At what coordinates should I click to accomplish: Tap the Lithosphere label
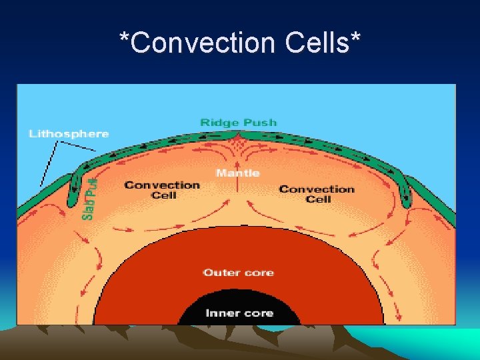click(x=69, y=134)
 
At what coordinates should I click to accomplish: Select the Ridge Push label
click(x=238, y=123)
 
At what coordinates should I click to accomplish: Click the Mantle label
click(x=238, y=173)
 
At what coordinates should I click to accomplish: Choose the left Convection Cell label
click(x=162, y=189)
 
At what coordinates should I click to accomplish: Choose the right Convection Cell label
click(x=317, y=193)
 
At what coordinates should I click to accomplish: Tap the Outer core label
click(x=238, y=273)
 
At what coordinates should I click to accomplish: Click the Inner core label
click(x=239, y=313)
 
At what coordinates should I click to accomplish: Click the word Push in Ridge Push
click(x=261, y=123)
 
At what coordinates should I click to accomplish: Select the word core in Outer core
click(x=259, y=273)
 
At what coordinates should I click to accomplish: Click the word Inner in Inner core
click(x=221, y=313)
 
